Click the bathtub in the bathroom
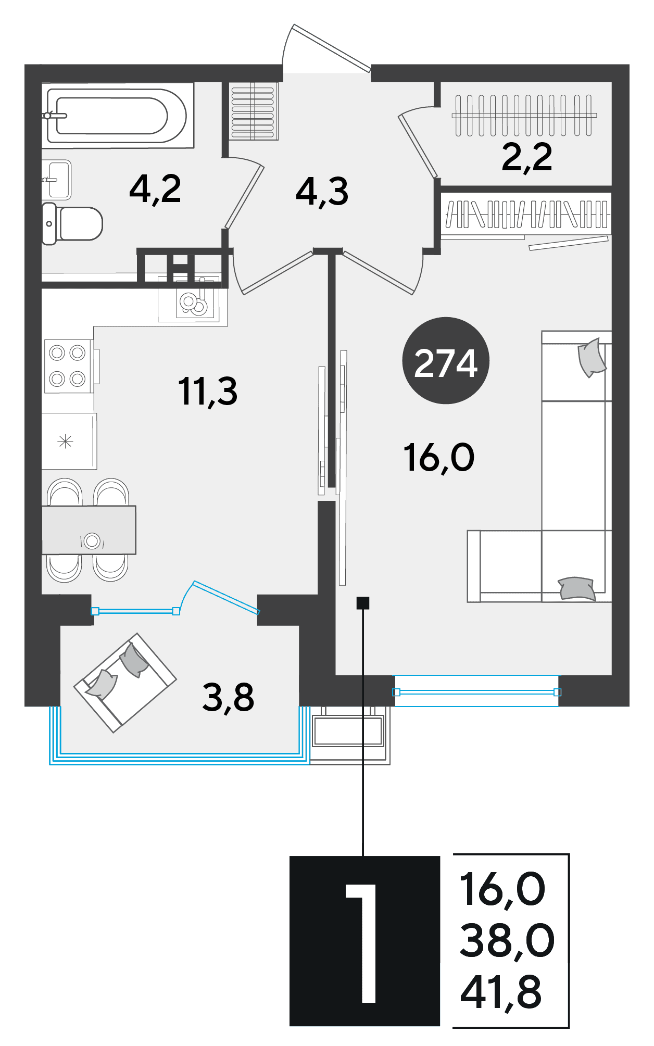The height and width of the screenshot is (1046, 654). pos(118,116)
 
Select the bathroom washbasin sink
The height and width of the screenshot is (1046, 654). pos(57,180)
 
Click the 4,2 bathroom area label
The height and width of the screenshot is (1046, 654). pos(155,189)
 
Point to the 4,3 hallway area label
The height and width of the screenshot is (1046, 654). pos(322,192)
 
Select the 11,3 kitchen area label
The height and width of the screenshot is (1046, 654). pos(208,392)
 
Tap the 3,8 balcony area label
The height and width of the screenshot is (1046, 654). pos(228,698)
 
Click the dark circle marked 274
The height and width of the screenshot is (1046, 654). pos(446,360)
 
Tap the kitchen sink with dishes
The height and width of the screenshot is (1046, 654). pos(194,301)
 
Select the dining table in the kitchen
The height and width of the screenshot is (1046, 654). pos(89,530)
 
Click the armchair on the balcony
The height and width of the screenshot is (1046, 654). pos(125,683)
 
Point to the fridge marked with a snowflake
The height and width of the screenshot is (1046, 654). pos(69,441)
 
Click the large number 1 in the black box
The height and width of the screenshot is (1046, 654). pos(361,943)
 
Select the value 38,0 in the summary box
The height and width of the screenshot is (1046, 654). pos(507,941)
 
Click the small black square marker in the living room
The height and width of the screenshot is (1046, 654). pos(363,603)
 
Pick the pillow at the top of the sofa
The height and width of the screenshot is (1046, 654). pos(592,357)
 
